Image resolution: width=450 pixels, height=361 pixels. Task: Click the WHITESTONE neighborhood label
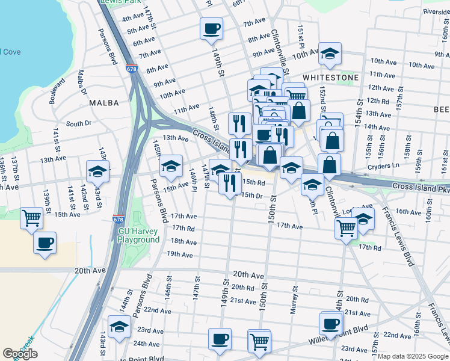(331, 78)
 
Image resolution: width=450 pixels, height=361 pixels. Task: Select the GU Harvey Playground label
(138, 235)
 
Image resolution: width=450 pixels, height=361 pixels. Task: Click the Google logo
(20, 354)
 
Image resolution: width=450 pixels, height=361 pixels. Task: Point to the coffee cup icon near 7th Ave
(212, 28)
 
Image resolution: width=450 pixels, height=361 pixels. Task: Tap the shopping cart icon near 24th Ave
(259, 341)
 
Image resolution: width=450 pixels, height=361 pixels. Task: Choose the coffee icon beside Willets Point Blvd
(330, 324)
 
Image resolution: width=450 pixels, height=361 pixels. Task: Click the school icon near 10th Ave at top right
(330, 54)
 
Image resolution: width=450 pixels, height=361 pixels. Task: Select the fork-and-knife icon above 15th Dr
(230, 183)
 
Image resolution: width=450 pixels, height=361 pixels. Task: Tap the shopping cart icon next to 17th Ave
(346, 228)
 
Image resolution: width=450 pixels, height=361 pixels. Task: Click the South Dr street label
(78, 123)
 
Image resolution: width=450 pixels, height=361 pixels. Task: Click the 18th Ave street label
(183, 241)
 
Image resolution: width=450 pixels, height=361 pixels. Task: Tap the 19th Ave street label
(179, 255)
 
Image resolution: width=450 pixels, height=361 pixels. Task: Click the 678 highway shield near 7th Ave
(132, 69)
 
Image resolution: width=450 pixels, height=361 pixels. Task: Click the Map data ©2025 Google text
(413, 356)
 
